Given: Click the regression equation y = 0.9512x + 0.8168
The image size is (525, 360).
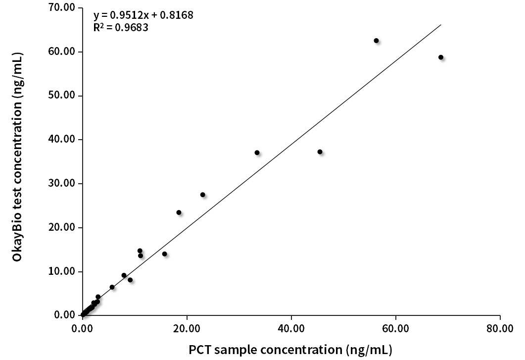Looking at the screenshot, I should point(143,15).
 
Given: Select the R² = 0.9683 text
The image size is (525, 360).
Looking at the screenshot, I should point(121,27).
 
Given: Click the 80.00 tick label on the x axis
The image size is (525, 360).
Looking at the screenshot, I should point(500,329).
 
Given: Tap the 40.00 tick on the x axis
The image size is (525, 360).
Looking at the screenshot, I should point(291,329).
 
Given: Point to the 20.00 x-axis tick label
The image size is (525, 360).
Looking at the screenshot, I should point(187,329).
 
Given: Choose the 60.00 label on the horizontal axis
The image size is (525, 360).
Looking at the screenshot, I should point(395,329).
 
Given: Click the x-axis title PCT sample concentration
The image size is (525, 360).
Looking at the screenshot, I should point(290,350).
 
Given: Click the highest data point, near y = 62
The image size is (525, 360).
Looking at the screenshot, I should point(376,41).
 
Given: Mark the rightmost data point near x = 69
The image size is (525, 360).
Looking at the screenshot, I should point(441,57).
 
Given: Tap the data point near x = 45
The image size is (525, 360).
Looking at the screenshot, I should point(320,152).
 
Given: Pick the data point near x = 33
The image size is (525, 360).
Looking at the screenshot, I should point(257,153).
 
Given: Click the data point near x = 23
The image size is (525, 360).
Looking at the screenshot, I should point(202,195).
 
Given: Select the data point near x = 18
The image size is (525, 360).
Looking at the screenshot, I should point(179,212).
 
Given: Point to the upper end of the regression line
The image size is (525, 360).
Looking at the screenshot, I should point(440,25).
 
